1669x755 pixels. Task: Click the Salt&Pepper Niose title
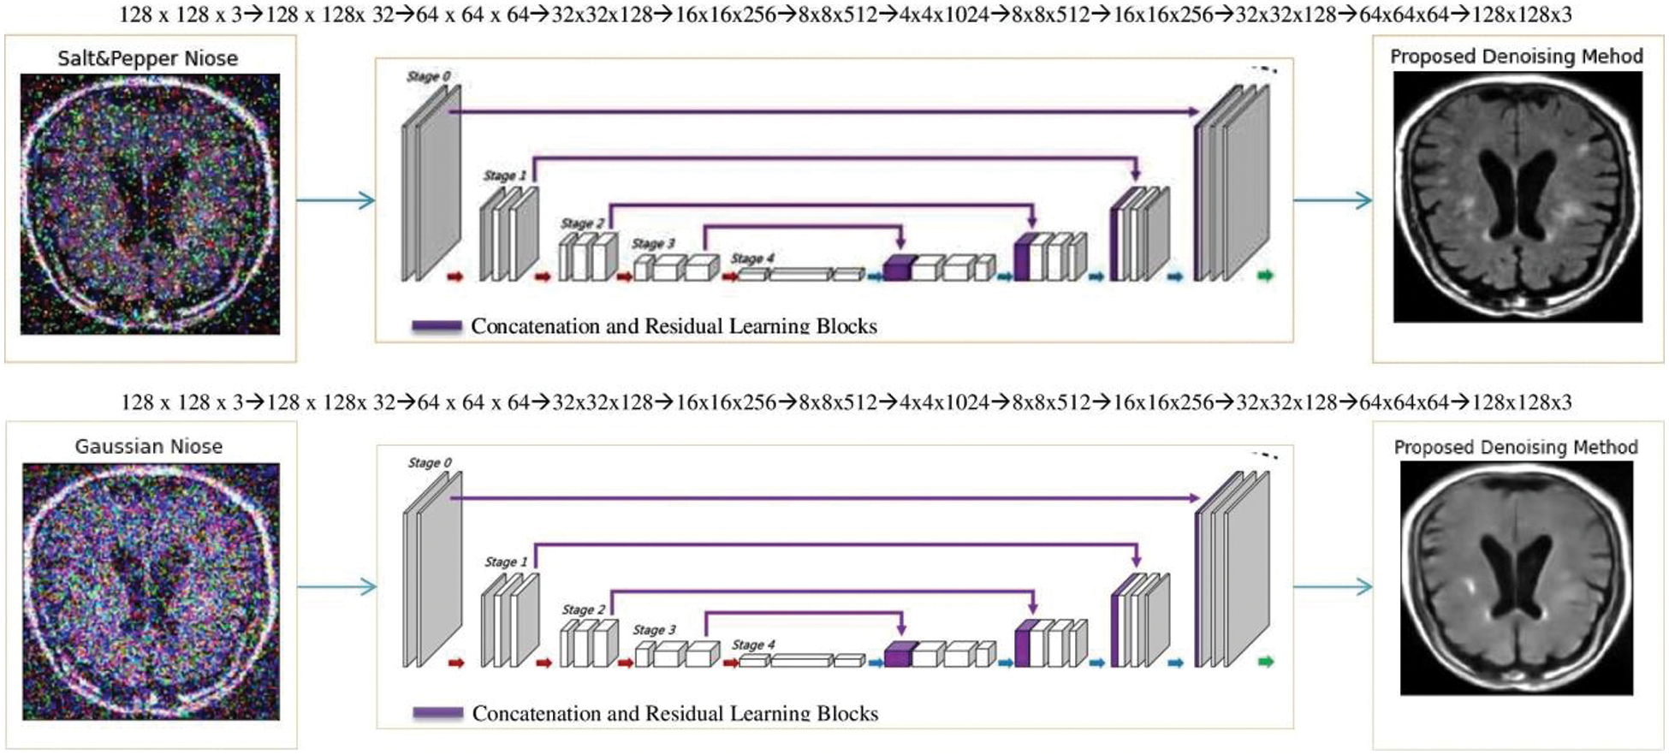click(x=148, y=58)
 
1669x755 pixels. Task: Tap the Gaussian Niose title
click(x=149, y=446)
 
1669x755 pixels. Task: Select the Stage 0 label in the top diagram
click(x=428, y=76)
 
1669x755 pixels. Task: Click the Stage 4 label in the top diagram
click(x=752, y=258)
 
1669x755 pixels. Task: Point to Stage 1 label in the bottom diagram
click(x=506, y=562)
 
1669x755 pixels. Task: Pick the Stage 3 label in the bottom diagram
click(x=654, y=629)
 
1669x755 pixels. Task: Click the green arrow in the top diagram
click(x=1265, y=276)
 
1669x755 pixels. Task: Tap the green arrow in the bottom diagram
click(x=1265, y=662)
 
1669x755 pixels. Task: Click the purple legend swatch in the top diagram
click(x=437, y=326)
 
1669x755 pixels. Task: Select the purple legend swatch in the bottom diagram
click(x=437, y=713)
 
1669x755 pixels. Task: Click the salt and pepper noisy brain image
click(x=150, y=204)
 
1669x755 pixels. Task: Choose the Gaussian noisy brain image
click(x=151, y=592)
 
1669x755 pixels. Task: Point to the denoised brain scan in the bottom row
click(x=1517, y=578)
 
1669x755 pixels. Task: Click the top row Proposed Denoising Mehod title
click(x=1517, y=56)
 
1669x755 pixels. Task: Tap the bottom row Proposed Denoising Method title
click(x=1516, y=447)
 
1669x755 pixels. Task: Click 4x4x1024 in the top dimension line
click(x=944, y=15)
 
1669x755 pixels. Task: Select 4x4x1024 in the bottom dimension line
click(x=945, y=401)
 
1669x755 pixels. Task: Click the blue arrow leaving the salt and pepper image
click(x=336, y=200)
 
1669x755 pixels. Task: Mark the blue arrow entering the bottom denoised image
click(x=1333, y=586)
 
